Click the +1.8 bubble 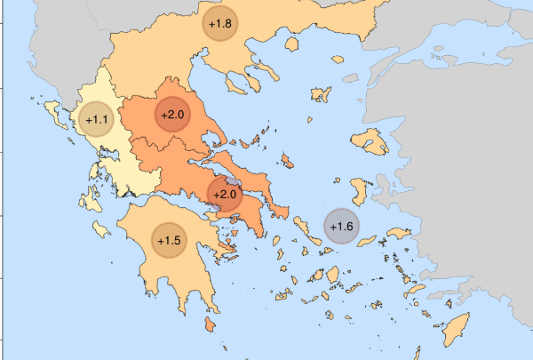coord(220,24)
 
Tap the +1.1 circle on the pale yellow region coord(96,118)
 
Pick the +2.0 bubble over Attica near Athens coord(224,194)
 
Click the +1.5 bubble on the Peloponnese coord(169,240)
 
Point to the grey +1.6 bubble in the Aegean coord(341,227)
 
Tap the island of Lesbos coord(367,140)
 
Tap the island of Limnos coord(319,94)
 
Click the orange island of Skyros coord(287,161)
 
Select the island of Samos coord(392,238)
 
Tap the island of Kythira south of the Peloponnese coord(210,326)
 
